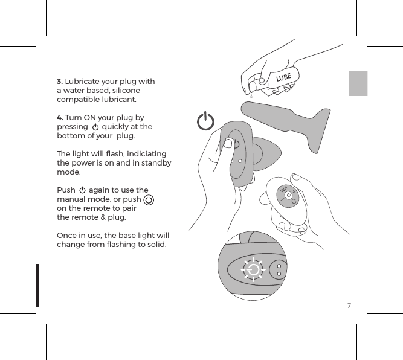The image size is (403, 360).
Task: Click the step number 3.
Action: coord(59,82)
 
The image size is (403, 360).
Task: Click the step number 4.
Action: coord(59,118)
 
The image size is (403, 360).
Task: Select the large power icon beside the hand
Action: coord(206,121)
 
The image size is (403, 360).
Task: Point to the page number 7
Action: coord(349,306)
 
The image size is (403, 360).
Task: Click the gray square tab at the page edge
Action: coord(358,83)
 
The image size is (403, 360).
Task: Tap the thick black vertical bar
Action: coord(37,284)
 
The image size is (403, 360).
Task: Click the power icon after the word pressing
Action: coord(95,127)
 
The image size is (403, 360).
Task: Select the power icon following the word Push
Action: coord(83,191)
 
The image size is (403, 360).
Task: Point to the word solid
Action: coord(155,245)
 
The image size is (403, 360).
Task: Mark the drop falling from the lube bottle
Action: coord(250,94)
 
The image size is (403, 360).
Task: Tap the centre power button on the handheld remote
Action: coord(289,195)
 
